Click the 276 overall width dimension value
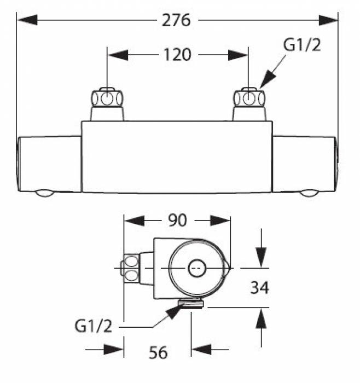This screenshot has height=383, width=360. point(177,21)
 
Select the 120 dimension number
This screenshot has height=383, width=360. point(177,55)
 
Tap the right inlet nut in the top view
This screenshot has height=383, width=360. point(250,99)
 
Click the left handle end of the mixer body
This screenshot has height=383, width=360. point(49,164)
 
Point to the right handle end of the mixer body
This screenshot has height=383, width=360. point(305,164)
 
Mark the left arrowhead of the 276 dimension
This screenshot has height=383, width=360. point(27,21)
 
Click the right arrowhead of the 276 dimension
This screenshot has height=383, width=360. point(328,21)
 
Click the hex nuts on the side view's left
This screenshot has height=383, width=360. point(131,268)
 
